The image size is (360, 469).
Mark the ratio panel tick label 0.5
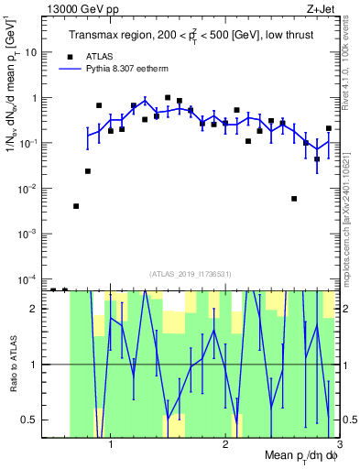[x=31, y=420]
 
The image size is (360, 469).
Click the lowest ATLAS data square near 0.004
[x=76, y=206]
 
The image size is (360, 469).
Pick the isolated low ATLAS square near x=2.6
[x=294, y=199]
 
